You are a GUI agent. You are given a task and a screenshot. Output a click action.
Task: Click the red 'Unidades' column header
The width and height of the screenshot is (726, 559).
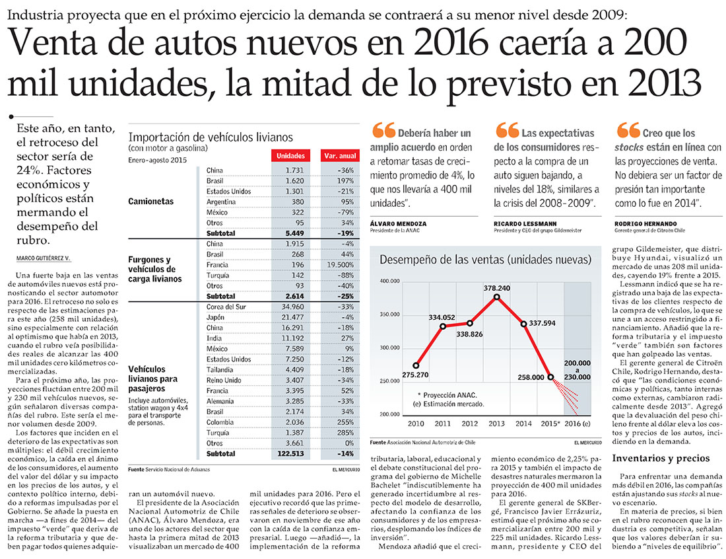click(x=291, y=156)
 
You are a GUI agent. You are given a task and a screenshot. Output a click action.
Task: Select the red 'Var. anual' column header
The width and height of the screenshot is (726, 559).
click(x=340, y=156)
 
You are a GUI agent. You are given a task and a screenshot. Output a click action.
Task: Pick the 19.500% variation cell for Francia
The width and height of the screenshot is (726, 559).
click(x=341, y=265)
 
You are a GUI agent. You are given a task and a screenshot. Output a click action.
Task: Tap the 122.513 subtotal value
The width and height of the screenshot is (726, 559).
click(x=291, y=454)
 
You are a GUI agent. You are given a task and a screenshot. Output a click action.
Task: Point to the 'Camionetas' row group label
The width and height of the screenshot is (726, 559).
click(x=151, y=201)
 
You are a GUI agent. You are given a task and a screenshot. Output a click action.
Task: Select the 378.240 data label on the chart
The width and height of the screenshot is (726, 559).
click(x=497, y=288)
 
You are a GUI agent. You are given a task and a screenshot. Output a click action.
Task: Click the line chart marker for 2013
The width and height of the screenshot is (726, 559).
click(x=497, y=297)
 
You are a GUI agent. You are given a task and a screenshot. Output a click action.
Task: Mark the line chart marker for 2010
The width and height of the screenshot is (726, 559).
click(x=416, y=365)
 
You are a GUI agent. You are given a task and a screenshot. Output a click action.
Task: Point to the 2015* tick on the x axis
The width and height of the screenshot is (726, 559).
click(x=550, y=423)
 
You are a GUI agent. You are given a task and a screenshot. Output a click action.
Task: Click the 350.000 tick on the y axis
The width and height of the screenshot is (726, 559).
click(x=389, y=315)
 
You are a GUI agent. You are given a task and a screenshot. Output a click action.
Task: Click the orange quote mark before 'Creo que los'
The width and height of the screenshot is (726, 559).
click(x=628, y=130)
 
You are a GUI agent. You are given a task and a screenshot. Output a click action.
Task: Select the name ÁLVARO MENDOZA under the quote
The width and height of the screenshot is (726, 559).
click(x=398, y=223)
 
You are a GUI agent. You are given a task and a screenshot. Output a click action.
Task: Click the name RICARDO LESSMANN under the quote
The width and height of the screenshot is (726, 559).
click(x=525, y=223)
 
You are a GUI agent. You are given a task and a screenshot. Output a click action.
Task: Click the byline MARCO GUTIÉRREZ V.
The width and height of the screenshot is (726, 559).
click(x=44, y=258)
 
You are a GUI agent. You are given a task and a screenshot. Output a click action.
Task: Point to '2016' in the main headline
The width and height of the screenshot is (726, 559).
click(x=451, y=42)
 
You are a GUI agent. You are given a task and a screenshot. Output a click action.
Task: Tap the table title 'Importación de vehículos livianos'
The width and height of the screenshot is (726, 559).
click(x=211, y=137)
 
